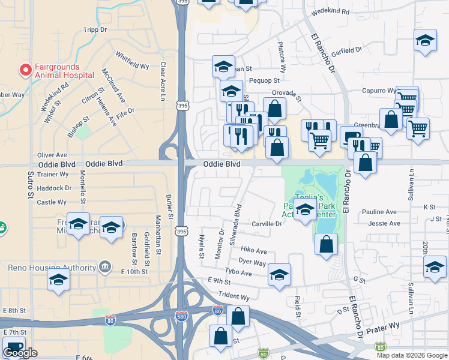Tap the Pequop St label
coord(264,80)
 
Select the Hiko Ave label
coord(253,250)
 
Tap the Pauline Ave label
coord(379,212)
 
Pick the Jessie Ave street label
coord(384,223)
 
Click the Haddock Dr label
coord(54,188)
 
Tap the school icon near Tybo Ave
coord(279,274)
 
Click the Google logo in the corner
coord(20,353)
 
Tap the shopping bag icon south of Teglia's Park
coord(326,244)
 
